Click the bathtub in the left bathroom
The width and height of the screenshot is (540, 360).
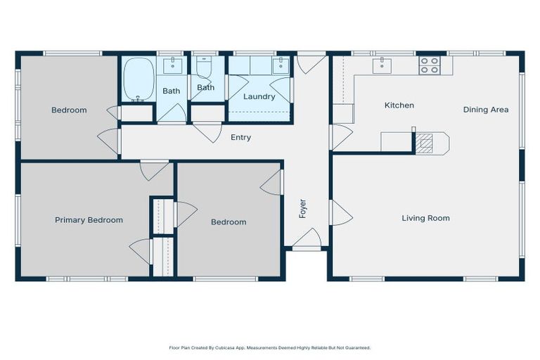(138, 79)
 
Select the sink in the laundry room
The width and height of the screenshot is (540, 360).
(280, 66)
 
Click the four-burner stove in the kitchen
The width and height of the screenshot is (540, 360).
(429, 65)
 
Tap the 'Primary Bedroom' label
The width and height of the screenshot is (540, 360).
(89, 220)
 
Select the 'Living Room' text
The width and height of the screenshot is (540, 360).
(425, 218)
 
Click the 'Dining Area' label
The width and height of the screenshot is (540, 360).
(485, 110)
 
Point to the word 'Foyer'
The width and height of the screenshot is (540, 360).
(303, 208)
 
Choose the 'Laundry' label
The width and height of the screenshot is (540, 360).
(259, 96)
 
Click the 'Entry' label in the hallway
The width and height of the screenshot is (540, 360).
(240, 137)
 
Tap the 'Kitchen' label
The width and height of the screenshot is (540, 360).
(399, 105)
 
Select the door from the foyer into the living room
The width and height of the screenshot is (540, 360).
(339, 212)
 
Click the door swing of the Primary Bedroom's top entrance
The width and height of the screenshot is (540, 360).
(154, 169)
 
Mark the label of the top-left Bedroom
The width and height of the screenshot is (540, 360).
(69, 110)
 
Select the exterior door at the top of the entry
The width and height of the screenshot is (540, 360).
(310, 63)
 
